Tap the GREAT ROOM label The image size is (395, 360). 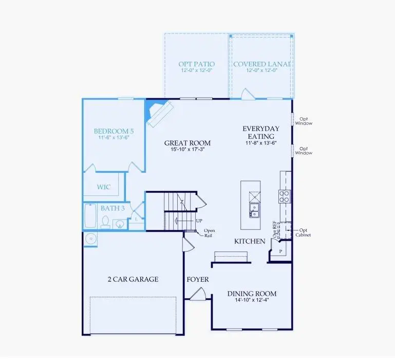pyautogui.click(x=187, y=143)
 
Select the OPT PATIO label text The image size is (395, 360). pyautogui.click(x=196, y=64)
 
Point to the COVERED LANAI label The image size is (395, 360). pyautogui.click(x=261, y=64)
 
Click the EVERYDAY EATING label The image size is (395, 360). pyautogui.click(x=261, y=132)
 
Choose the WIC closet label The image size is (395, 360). pyautogui.click(x=104, y=187)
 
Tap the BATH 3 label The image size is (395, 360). pyautogui.click(x=113, y=208)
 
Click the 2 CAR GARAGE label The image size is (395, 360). pyautogui.click(x=133, y=279)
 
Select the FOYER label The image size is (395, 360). pyautogui.click(x=198, y=279)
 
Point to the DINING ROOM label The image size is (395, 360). pyautogui.click(x=252, y=294)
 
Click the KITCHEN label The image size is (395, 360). pyautogui.click(x=250, y=241)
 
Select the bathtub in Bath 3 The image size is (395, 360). pyautogui.click(x=90, y=216)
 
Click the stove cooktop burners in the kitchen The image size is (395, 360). pyautogui.click(x=285, y=195)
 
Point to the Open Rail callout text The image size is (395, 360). pyautogui.click(x=210, y=233)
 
